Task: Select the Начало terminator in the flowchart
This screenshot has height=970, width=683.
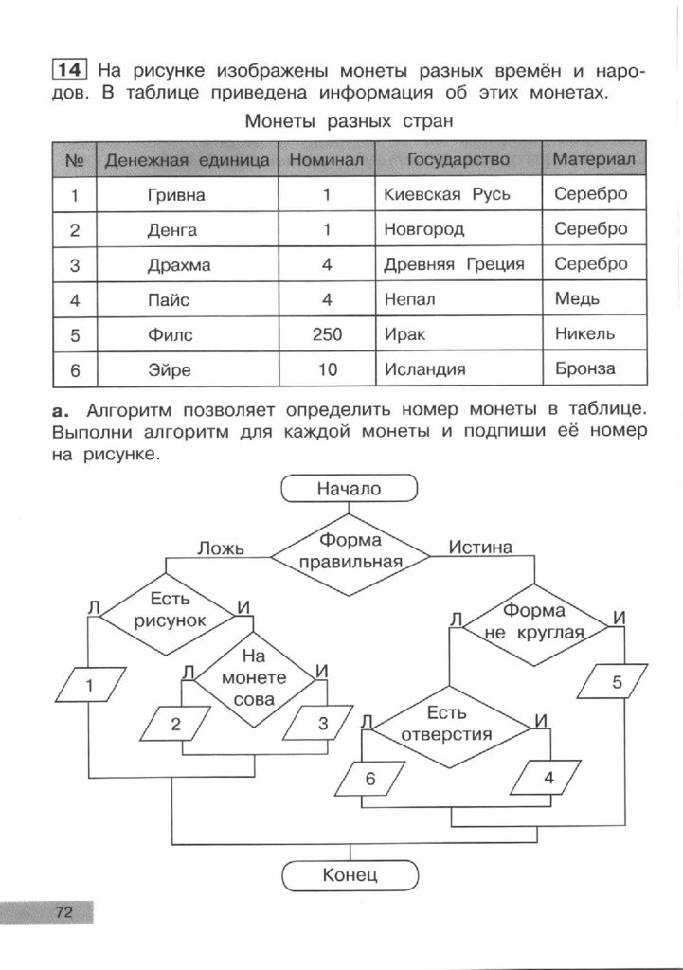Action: [349, 489]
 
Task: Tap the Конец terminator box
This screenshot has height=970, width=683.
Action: [350, 874]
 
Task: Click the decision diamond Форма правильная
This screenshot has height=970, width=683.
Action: [350, 551]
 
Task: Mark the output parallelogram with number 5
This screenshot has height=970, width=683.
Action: [618, 681]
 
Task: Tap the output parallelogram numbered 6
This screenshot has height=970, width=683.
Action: [369, 780]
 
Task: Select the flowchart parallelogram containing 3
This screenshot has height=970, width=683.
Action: [321, 726]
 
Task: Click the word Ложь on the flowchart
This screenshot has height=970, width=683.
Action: [220, 548]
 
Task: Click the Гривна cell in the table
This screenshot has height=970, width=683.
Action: [176, 195]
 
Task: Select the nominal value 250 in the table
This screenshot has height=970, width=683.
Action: [326, 334]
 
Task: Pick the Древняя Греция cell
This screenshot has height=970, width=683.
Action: [454, 264]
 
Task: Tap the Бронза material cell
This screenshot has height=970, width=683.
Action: [584, 368]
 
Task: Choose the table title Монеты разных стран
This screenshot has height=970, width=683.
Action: [350, 121]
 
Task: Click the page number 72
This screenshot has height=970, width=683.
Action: [63, 912]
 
